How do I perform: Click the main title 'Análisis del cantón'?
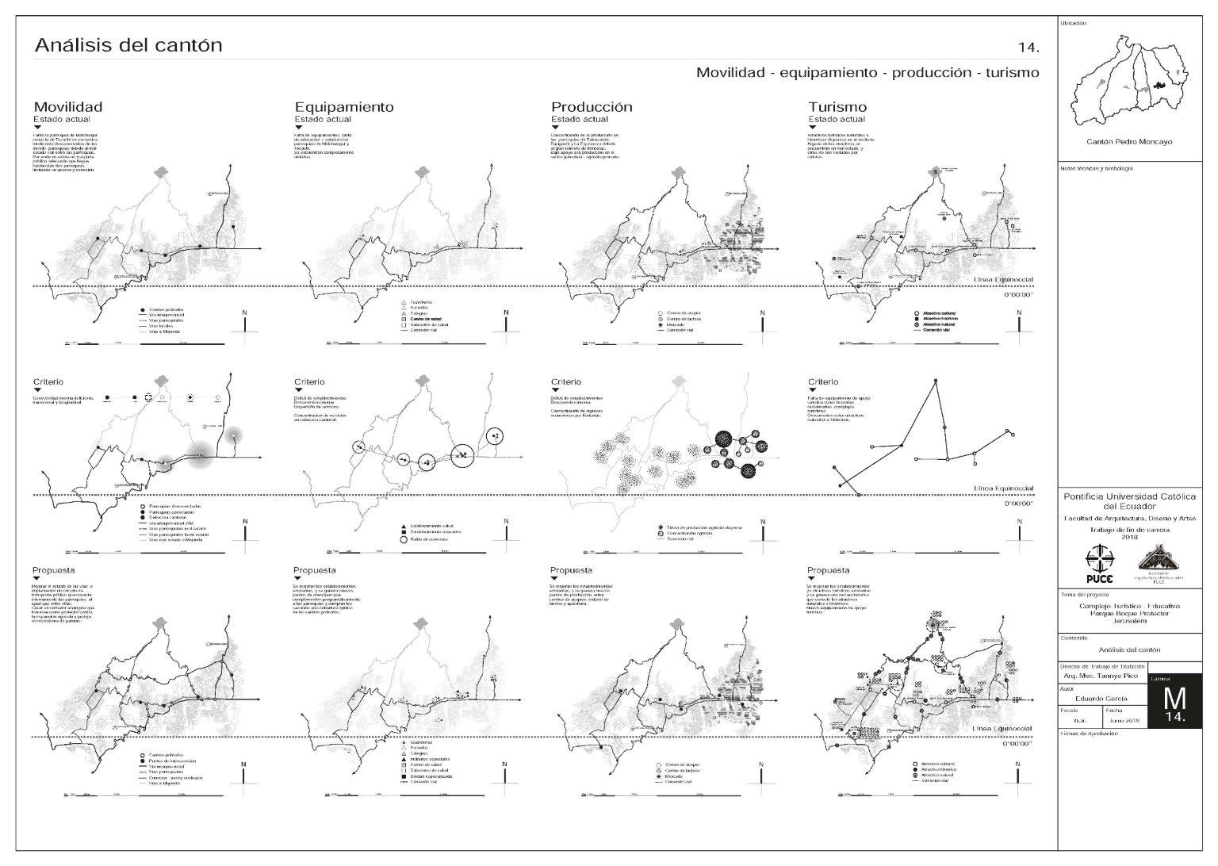point(128,45)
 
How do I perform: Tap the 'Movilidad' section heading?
point(67,107)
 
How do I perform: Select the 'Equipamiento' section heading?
point(343,107)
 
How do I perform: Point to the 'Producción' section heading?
point(592,107)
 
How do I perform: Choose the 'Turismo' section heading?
point(837,107)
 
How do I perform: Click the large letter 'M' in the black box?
point(1174,699)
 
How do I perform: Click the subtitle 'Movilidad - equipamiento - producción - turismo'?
point(868,73)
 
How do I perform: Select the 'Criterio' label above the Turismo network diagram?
point(823,382)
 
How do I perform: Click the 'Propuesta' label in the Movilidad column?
point(54,570)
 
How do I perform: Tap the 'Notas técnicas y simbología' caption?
point(1097,169)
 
